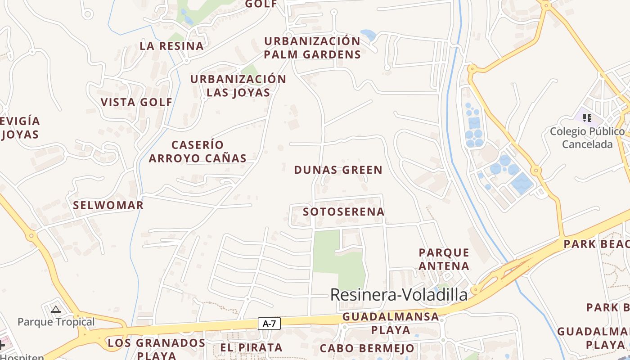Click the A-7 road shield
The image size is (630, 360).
pos(269,323)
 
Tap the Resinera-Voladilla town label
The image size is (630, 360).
pos(399,295)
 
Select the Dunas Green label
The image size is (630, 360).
pos(338,170)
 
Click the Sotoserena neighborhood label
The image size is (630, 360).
pos(344,211)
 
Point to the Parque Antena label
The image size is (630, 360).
pos(444,259)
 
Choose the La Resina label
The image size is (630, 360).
pos(171,46)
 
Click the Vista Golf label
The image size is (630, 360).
pos(136,102)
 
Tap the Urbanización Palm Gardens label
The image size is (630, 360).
pos(312,48)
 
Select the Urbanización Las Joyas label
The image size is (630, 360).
pos(238,86)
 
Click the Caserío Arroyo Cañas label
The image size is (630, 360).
pos(198,152)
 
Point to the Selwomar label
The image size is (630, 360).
pos(108,205)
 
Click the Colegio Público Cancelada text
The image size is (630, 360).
pos(587,138)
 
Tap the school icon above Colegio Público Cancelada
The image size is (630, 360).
pos(587,118)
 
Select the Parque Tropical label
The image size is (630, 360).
pos(56,322)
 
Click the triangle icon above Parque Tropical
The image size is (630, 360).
pos(56,309)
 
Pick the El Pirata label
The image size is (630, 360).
pos(251,347)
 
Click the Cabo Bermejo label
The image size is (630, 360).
pos(367,348)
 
